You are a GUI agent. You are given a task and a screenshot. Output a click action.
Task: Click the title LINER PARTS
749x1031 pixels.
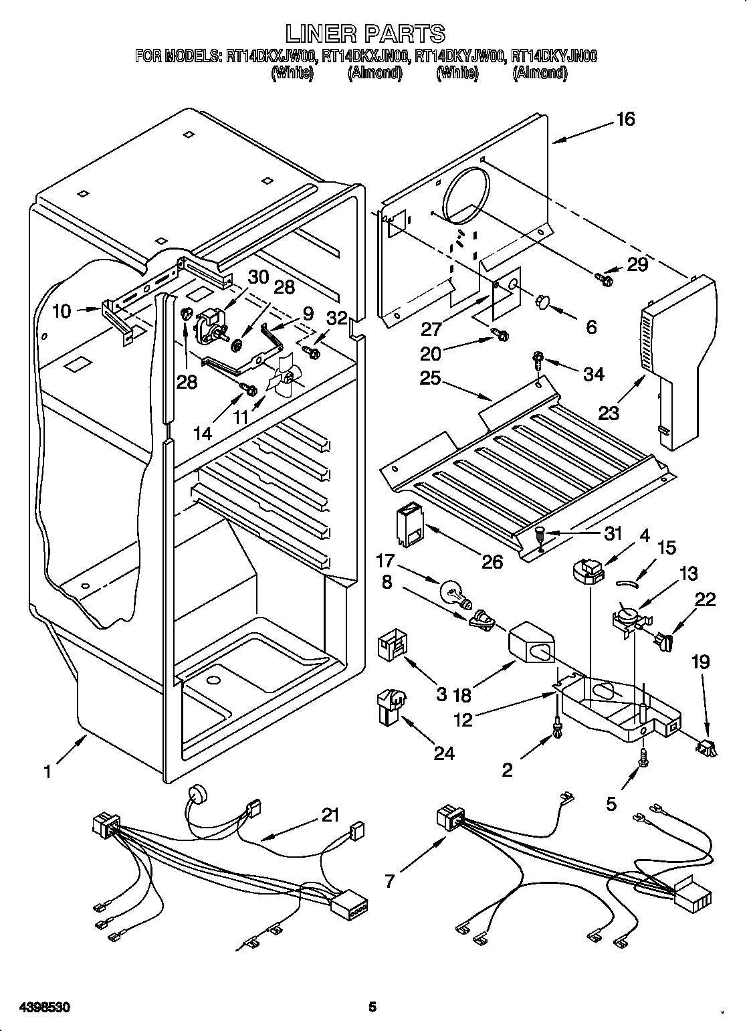click(365, 33)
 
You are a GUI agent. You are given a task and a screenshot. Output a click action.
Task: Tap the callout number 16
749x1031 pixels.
click(625, 120)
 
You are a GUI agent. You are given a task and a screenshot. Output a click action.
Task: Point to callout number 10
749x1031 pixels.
click(62, 311)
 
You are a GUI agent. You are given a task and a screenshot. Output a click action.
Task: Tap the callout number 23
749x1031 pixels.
click(609, 413)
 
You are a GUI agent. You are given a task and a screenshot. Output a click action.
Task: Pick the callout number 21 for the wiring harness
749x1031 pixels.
click(330, 816)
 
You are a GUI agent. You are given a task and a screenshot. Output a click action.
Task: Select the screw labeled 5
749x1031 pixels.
click(643, 755)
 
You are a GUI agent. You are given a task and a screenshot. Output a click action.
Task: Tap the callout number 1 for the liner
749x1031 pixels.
click(47, 771)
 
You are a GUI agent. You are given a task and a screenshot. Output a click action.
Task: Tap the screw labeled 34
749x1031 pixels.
click(537, 359)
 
